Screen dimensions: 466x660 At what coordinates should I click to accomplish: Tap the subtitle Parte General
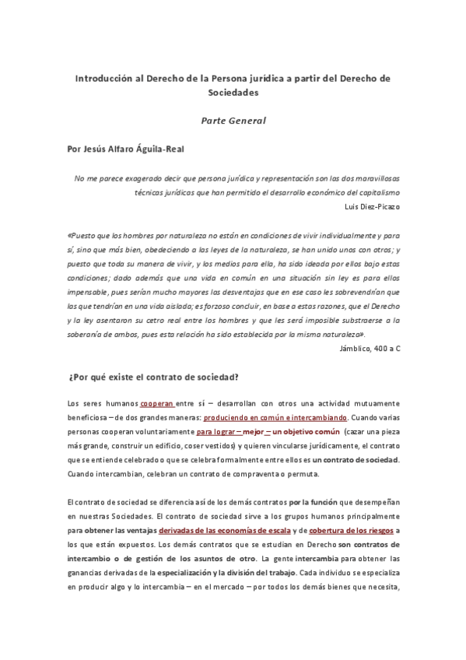click(x=233, y=121)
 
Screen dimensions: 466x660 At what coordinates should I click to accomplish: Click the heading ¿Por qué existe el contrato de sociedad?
click(x=153, y=377)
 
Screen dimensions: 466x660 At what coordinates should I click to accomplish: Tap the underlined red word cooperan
click(x=156, y=403)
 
